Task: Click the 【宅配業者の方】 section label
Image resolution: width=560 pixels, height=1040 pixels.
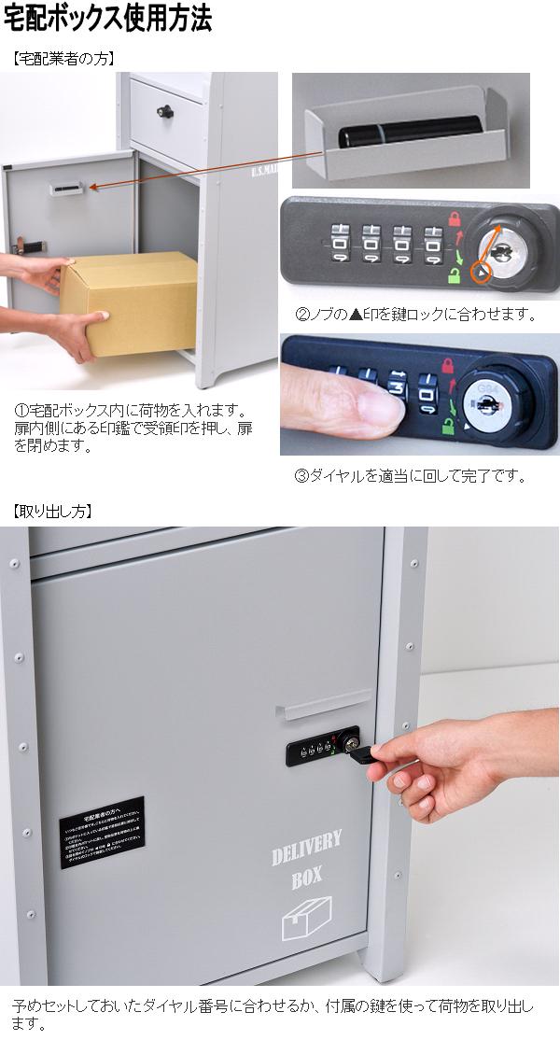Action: pyautogui.click(x=63, y=58)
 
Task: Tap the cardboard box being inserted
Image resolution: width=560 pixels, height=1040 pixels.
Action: pyautogui.click(x=131, y=297)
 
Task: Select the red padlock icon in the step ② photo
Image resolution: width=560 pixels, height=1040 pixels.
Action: pyautogui.click(x=455, y=221)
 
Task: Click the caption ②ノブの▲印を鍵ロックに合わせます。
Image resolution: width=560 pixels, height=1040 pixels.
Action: pyautogui.click(x=415, y=315)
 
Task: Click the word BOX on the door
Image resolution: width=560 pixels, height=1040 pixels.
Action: pyautogui.click(x=306, y=879)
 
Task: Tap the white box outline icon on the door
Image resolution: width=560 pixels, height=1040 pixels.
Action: pyautogui.click(x=306, y=920)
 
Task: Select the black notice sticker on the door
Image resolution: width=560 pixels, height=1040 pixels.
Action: pyautogui.click(x=102, y=831)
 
